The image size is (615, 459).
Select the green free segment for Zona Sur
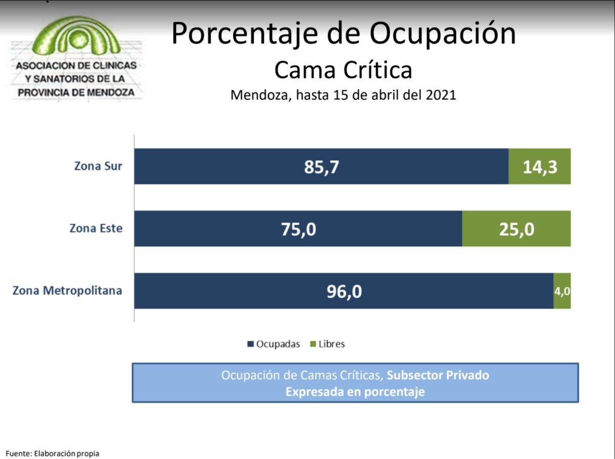pyautogui.click(x=539, y=166)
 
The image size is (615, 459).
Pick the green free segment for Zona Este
pyautogui.click(x=516, y=228)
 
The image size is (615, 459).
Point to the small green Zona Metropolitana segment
pyautogui.click(x=562, y=291)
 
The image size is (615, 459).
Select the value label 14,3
pyautogui.click(x=539, y=167)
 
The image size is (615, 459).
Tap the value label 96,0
pyautogui.click(x=344, y=291)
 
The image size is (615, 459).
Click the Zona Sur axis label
pyautogui.click(x=98, y=166)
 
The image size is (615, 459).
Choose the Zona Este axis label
pyautogui.click(x=96, y=228)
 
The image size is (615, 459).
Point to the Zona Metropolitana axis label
pyautogui.click(x=67, y=291)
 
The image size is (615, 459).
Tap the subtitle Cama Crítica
pyautogui.click(x=343, y=70)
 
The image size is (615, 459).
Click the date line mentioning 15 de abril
pyautogui.click(x=343, y=95)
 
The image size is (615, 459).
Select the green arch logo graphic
pyautogui.click(x=76, y=37)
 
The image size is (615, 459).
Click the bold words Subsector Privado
pyautogui.click(x=438, y=375)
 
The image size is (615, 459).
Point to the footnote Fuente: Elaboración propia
pyautogui.click(x=52, y=453)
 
